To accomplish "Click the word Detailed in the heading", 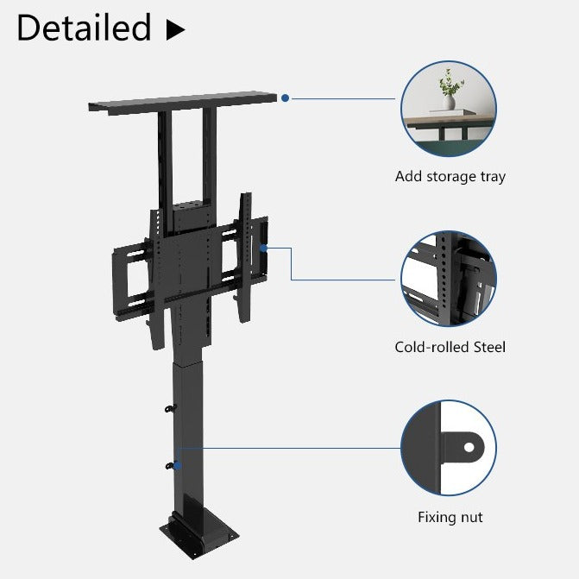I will point(84,28).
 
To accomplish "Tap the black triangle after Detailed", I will point(175,30).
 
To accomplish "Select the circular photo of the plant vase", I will point(449,109).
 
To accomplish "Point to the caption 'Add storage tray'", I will point(450,177).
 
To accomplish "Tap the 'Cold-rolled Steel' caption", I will point(450,348).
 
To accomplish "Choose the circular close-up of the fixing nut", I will point(449,448).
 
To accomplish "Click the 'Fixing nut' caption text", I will point(450,518).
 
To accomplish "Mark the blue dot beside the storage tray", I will point(286,98).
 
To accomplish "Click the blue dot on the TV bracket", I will point(264,249).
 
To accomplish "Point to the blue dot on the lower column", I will point(178,465).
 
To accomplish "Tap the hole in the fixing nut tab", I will point(469,448).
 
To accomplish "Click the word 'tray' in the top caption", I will point(490,177).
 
